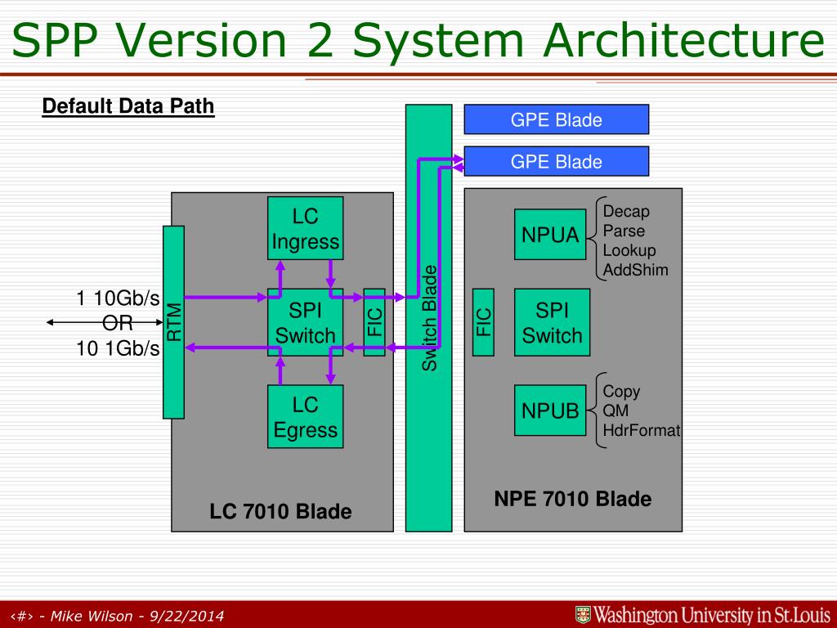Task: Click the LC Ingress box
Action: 305,229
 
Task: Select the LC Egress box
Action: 305,416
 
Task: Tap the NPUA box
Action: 550,235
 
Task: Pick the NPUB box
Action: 550,410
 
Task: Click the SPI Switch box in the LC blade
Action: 305,322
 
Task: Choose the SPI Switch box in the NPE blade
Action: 552,322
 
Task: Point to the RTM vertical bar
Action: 173,322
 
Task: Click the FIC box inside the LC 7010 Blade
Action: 374,322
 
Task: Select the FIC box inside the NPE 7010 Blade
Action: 484,322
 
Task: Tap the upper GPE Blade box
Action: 556,119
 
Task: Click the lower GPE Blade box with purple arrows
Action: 556,161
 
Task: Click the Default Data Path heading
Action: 128,106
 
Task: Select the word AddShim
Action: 635,270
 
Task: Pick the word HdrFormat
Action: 641,430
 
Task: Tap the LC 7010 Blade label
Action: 280,512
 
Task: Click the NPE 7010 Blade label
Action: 572,499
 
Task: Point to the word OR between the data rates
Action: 118,323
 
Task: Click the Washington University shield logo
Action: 583,615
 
